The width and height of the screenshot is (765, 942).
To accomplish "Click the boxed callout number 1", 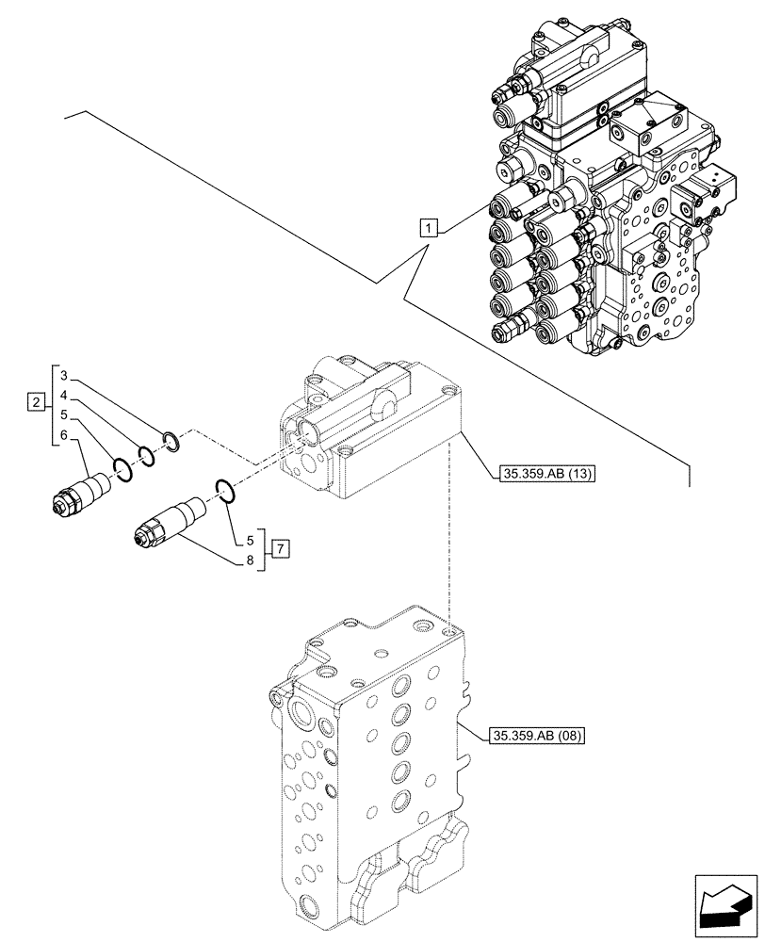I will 429,227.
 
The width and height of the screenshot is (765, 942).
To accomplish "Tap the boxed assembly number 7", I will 280,547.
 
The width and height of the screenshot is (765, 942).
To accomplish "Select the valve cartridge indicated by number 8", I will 168,522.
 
